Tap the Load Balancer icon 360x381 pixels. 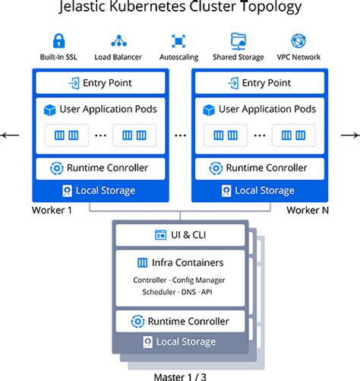(118, 40)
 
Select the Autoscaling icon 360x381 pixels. (178, 40)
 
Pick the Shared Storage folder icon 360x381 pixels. (238, 40)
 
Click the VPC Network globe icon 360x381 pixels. (299, 40)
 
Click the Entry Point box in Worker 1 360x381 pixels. (100, 83)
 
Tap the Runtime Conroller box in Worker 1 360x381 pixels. (100, 168)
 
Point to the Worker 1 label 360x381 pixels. (52, 210)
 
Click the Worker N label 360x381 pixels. (305, 210)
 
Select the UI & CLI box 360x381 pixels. (180, 235)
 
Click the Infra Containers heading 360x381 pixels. (180, 262)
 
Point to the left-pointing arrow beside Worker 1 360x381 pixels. (11, 135)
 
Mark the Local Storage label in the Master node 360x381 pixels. (180, 343)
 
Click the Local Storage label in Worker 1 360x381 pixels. (100, 190)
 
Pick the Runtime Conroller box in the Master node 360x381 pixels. (180, 320)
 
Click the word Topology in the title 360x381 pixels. (270, 9)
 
